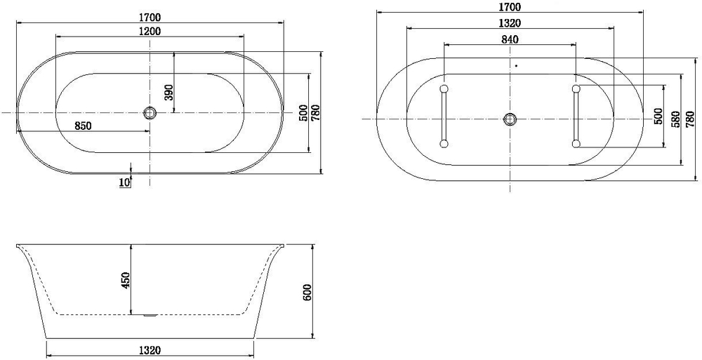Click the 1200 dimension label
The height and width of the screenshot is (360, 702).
[150, 31]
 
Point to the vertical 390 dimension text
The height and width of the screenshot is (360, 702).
[168, 92]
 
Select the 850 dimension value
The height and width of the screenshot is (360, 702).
[84, 126]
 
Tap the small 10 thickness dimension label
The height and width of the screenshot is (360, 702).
[124, 182]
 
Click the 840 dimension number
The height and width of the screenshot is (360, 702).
[510, 39]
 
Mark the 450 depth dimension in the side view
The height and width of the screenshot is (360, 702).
[126, 279]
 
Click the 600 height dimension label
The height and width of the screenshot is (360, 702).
[306, 292]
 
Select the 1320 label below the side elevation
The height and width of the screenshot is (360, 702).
[150, 350]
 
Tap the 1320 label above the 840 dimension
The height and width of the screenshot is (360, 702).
[510, 23]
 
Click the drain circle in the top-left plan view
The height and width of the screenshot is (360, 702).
[150, 112]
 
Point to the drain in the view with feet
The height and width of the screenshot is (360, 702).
[510, 119]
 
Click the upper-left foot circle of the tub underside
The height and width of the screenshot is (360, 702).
[444, 88]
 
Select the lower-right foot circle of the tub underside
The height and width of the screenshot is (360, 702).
[576, 144]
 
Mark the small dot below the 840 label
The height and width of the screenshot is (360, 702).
[516, 66]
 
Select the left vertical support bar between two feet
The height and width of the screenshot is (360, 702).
[444, 116]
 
